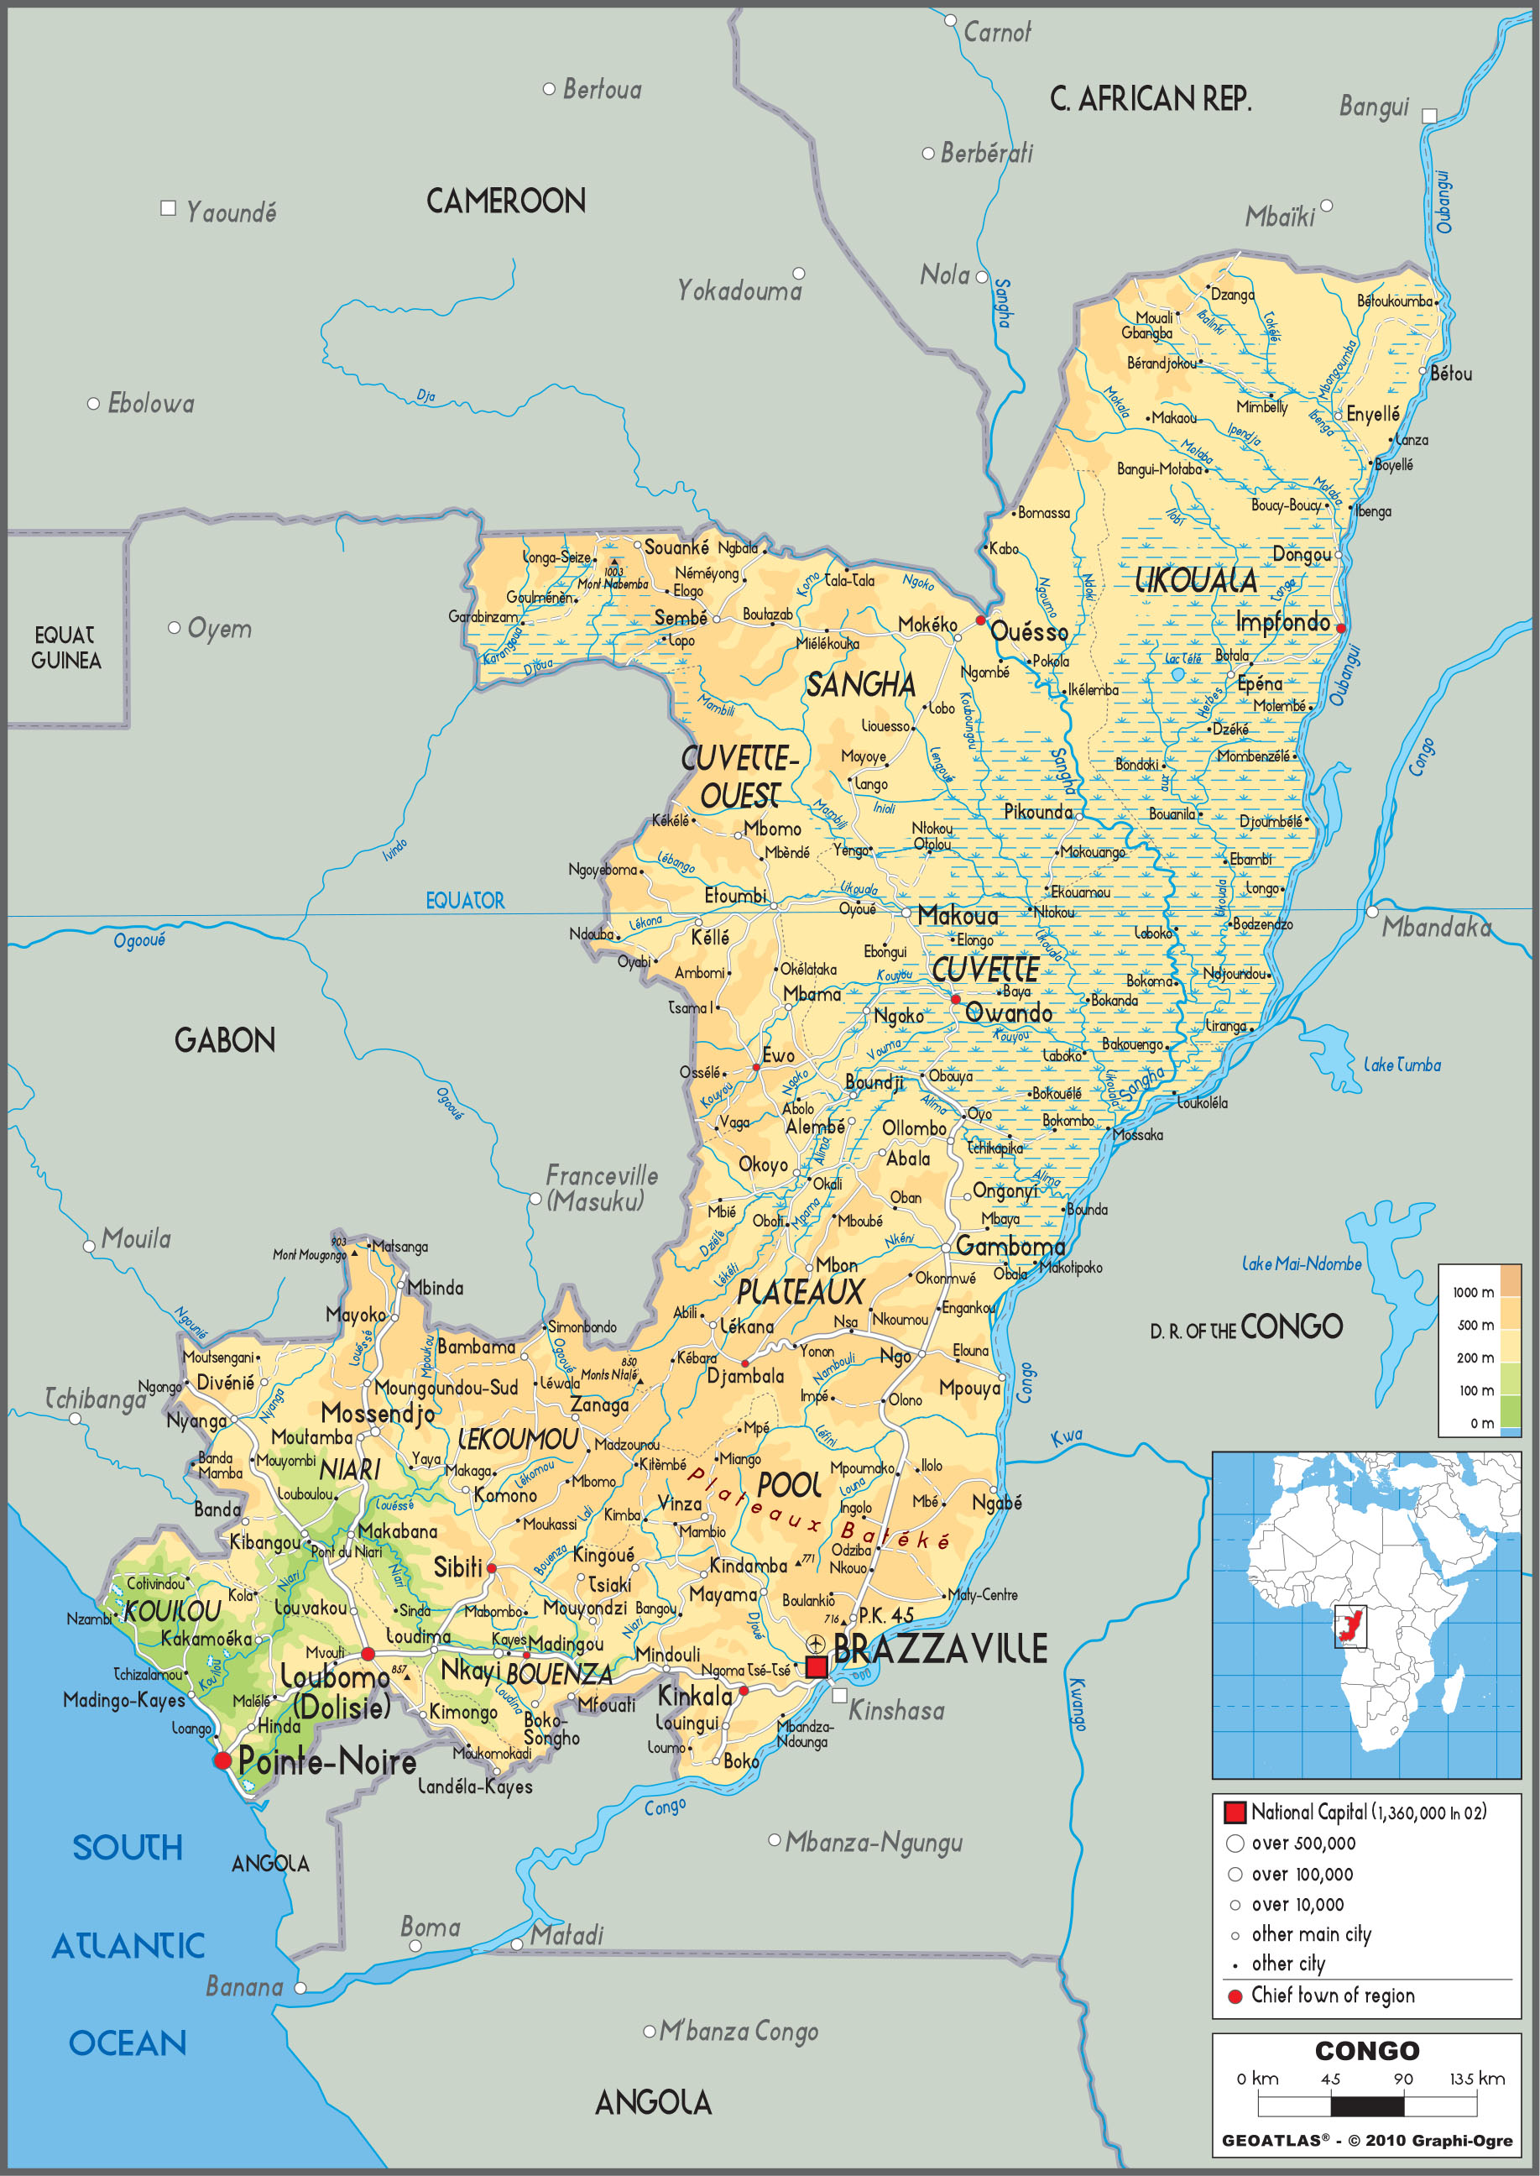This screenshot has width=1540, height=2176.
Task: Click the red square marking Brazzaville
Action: point(817,1666)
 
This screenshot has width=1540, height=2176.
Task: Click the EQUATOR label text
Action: point(465,900)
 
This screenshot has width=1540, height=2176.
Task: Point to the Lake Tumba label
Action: point(1402,1065)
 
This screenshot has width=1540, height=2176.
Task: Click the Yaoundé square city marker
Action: point(169,207)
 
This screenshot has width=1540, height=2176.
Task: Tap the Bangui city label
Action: point(1373,107)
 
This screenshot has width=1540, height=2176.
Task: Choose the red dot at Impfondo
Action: point(1340,628)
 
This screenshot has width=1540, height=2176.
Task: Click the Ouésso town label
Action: point(1029,632)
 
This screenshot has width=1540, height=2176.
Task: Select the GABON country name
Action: point(225,1041)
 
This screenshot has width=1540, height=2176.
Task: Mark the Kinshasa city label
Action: point(896,1710)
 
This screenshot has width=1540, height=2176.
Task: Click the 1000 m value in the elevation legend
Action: point(1473,1292)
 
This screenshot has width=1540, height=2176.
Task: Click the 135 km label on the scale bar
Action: point(1476,2079)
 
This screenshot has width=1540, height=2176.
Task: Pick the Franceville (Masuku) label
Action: point(600,1188)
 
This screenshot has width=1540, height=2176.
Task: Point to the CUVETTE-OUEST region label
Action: point(739,776)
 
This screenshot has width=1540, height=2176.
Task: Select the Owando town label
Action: point(1008,1013)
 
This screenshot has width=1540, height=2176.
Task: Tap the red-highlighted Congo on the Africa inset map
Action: point(1348,1627)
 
